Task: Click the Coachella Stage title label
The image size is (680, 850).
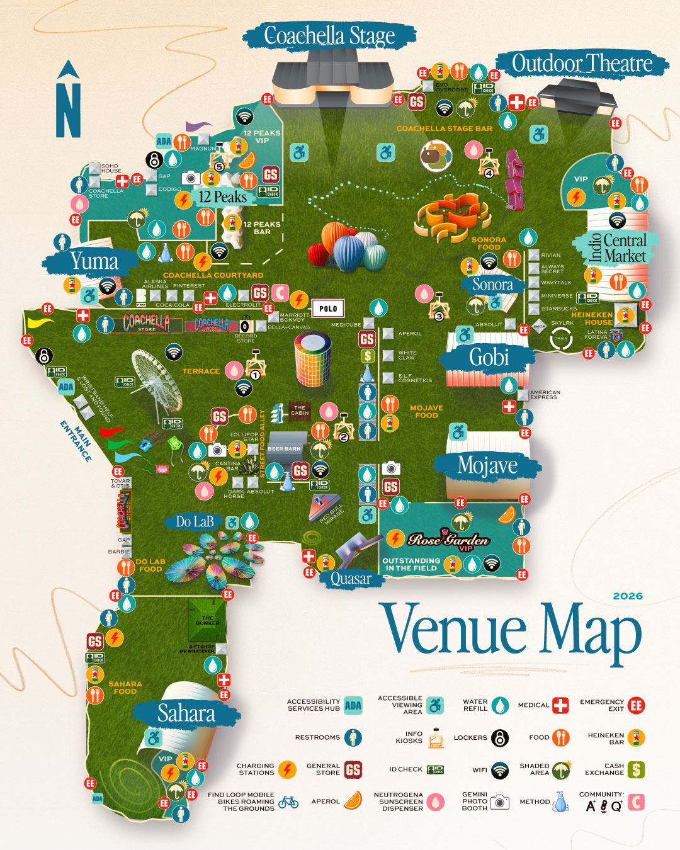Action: tap(329, 36)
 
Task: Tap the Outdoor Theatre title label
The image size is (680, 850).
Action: tap(582, 64)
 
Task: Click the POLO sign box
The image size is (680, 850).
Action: tap(328, 309)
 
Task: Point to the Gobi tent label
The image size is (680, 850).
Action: tap(489, 358)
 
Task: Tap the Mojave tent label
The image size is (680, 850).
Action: tap(487, 466)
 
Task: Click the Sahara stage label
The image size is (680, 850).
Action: tap(186, 713)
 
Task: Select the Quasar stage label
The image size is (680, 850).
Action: tap(351, 579)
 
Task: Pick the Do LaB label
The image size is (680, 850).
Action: tap(195, 522)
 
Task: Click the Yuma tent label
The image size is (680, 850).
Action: tap(94, 261)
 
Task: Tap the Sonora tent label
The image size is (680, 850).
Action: tap(492, 285)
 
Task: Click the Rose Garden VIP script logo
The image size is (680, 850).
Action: tap(448, 540)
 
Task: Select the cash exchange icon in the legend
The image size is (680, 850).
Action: tap(636, 769)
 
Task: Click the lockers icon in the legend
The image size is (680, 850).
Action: tap(499, 737)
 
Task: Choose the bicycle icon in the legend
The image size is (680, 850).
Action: tap(288, 802)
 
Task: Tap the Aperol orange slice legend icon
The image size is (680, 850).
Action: tap(353, 801)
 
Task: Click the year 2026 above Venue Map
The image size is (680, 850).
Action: tap(627, 596)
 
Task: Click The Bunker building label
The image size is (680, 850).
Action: tap(207, 620)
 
